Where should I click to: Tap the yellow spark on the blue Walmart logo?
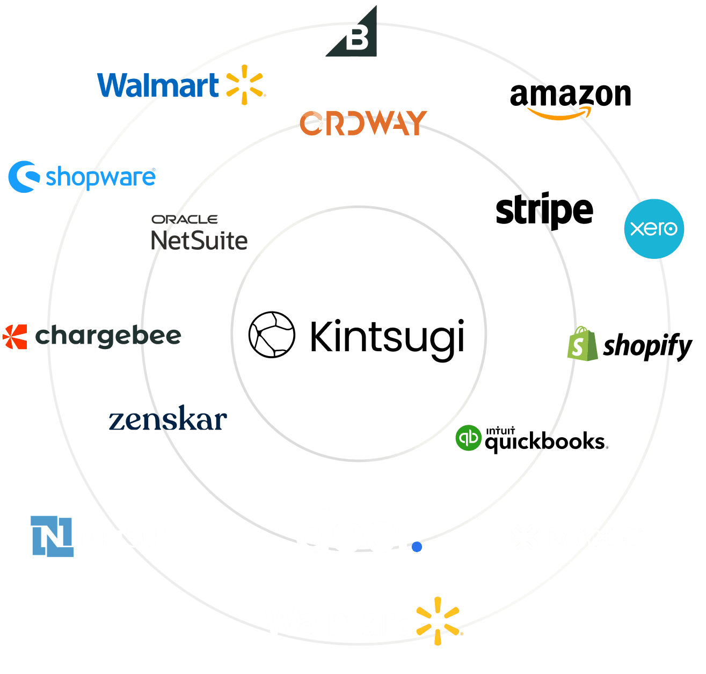(244, 84)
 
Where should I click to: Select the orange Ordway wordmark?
(363, 123)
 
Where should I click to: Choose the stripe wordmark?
(544, 211)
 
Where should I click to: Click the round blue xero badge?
(654, 229)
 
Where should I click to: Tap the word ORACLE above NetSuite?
(184, 219)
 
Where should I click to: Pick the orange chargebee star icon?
(14, 337)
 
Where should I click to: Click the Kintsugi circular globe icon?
(272, 334)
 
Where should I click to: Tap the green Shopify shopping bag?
(581, 344)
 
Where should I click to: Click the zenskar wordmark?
(168, 419)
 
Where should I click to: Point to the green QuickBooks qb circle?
(468, 438)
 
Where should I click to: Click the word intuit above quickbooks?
(500, 430)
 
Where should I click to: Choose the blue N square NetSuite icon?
(52, 535)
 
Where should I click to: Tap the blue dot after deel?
(417, 547)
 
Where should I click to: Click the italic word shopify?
(647, 346)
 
